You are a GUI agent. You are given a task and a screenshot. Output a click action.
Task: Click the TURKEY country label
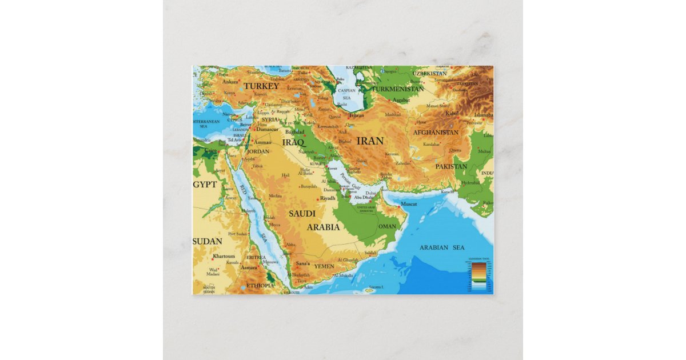click(x=261, y=86)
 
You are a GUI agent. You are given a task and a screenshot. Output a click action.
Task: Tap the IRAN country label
click(x=369, y=141)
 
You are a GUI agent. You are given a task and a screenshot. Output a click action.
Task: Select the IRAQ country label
click(x=293, y=142)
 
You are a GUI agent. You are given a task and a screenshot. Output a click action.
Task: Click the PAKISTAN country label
click(x=451, y=166)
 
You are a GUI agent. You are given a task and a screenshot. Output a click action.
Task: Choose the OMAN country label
click(x=387, y=226)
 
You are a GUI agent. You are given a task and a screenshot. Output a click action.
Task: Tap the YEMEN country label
click(x=324, y=266)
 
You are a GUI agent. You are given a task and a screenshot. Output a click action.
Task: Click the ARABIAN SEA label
click(x=442, y=247)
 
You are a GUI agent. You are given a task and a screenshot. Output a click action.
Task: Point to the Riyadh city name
click(x=328, y=198)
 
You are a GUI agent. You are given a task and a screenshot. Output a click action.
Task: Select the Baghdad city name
click(x=294, y=131)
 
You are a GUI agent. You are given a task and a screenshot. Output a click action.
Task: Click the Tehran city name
click(x=356, y=115)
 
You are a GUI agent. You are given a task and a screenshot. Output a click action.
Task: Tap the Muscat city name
click(x=409, y=204)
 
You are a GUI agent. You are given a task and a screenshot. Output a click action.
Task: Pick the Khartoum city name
click(x=224, y=256)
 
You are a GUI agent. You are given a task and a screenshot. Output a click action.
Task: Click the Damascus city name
click(x=266, y=129)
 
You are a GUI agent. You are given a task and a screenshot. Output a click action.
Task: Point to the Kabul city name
click(x=452, y=113)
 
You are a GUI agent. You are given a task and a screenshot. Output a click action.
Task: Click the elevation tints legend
click(x=478, y=274)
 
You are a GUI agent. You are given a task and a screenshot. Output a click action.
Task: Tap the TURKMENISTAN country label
click(x=398, y=89)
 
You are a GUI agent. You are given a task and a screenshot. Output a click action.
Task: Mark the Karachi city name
click(x=447, y=192)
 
